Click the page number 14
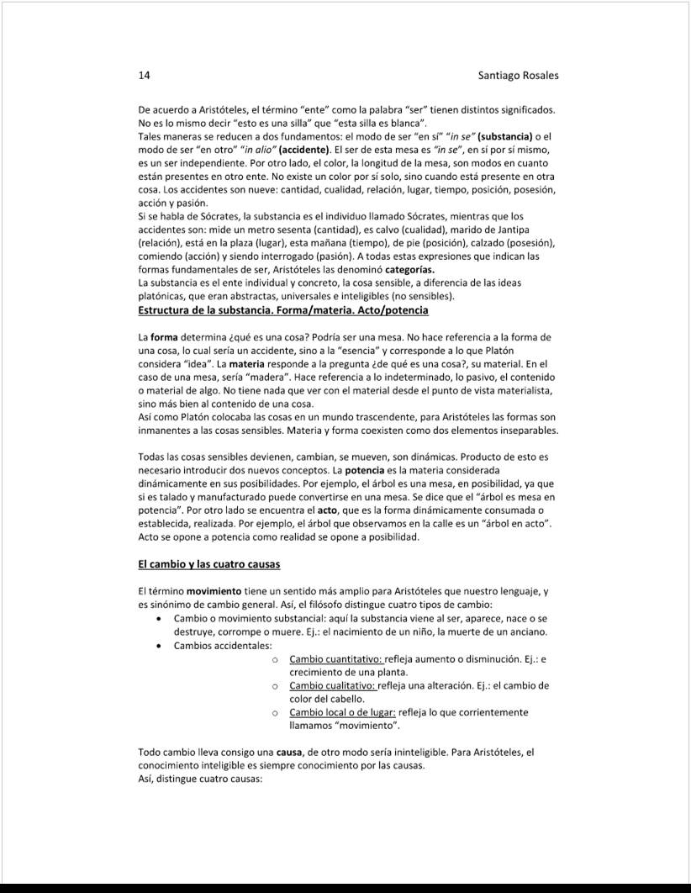click(x=144, y=76)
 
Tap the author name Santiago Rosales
click(x=518, y=76)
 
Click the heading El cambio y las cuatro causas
click(x=208, y=563)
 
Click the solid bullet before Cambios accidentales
click(x=160, y=646)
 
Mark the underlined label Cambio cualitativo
click(x=334, y=685)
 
